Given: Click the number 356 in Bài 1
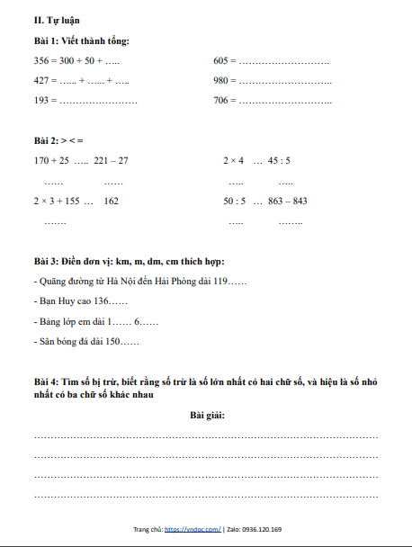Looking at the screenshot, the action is point(42,60).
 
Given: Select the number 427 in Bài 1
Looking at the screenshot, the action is point(42,81).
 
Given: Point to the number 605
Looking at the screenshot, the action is point(222,60).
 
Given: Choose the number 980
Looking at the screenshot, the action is point(222,81).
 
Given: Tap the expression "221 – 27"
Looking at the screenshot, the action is point(111,161).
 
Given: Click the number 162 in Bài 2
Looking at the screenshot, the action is point(111,202).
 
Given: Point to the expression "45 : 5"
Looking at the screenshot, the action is point(278,161).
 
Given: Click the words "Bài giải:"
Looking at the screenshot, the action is point(207,416).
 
